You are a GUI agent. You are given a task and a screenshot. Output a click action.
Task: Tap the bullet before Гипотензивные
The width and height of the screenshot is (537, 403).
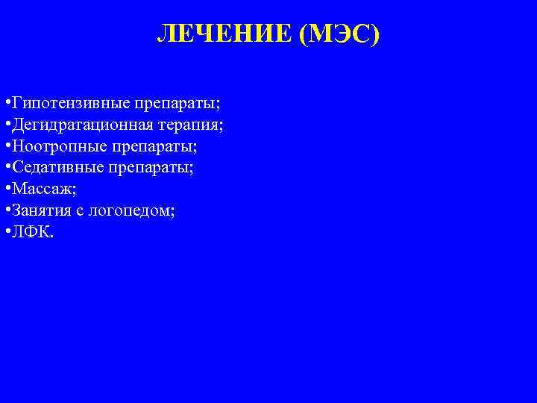click(x=6, y=102)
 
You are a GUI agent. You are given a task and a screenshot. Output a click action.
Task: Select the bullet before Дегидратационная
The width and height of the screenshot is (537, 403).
click(x=6, y=124)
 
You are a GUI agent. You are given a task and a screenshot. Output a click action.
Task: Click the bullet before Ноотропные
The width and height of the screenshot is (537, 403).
click(x=6, y=146)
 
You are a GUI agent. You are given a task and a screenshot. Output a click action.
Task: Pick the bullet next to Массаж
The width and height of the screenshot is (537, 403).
click(x=6, y=190)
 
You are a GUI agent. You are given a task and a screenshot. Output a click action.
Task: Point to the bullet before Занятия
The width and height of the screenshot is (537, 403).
click(x=6, y=211)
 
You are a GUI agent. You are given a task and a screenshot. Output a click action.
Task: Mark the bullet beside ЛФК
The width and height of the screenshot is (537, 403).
click(x=6, y=233)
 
